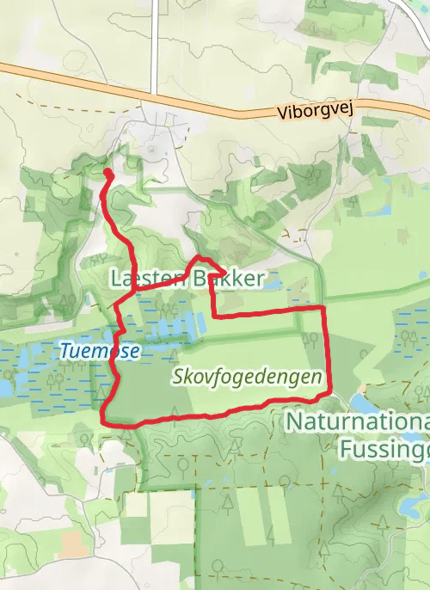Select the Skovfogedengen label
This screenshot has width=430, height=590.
[247, 376]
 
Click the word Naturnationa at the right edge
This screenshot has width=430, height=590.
[357, 422]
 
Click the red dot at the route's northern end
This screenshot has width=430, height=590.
[108, 174]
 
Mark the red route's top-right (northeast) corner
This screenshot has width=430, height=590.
[322, 307]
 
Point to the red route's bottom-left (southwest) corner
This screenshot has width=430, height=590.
[104, 421]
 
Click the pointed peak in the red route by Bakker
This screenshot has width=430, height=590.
[200, 257]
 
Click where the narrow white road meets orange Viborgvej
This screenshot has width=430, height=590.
[153, 94]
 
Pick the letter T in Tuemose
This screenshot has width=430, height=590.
[64, 350]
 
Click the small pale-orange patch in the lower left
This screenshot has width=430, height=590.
[71, 543]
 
